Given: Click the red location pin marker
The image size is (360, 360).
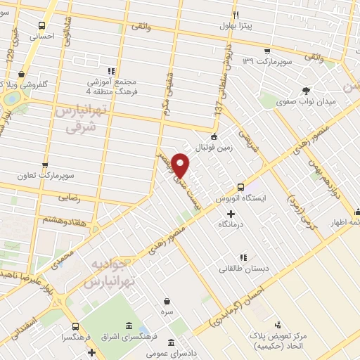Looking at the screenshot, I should (181, 165).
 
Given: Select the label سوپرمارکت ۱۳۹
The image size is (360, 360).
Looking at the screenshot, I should (266, 62).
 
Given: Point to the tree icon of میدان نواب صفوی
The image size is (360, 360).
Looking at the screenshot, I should (305, 90).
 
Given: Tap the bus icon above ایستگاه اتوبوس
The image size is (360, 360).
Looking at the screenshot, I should (241, 188).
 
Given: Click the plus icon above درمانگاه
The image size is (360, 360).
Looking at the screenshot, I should (231, 213).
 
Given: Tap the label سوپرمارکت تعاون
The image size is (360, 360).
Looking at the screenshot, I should (67, 174).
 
